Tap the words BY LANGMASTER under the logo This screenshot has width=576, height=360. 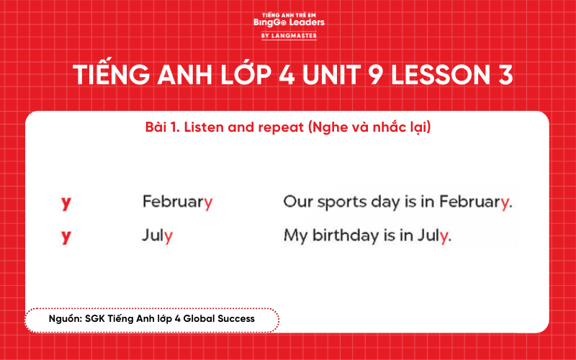tap(289, 35)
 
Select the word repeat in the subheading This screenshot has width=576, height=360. tap(280, 128)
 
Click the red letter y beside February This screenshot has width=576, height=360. tap(66, 202)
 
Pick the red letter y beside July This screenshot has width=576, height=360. tap(66, 235)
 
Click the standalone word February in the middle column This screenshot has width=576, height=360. tap(177, 202)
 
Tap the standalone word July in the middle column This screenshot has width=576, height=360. tap(158, 235)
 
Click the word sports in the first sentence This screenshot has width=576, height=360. tap(338, 202)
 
